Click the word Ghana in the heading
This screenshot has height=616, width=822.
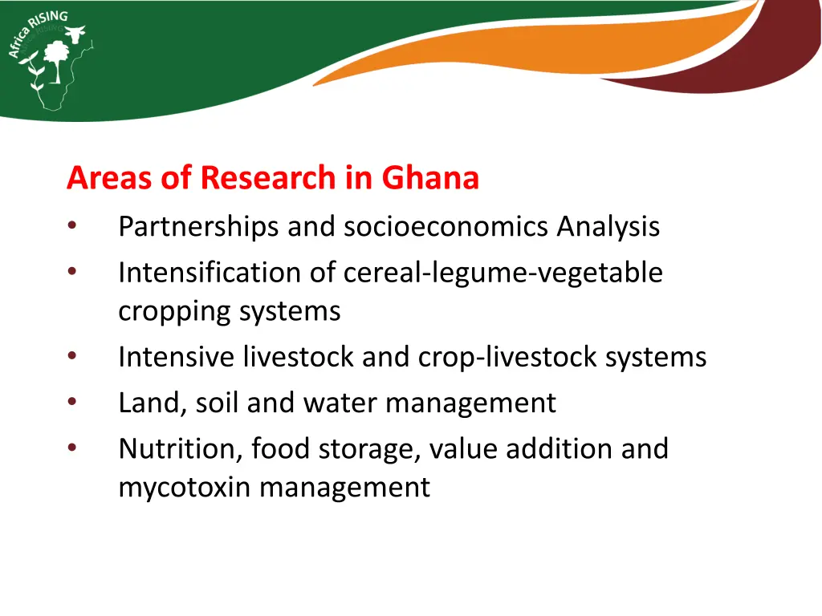click(430, 177)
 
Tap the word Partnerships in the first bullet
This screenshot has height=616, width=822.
click(198, 227)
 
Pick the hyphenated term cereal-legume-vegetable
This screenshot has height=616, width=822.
click(503, 273)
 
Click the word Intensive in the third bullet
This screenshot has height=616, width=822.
click(177, 357)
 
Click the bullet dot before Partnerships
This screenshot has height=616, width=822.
click(72, 227)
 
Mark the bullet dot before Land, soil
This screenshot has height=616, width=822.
click(72, 403)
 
